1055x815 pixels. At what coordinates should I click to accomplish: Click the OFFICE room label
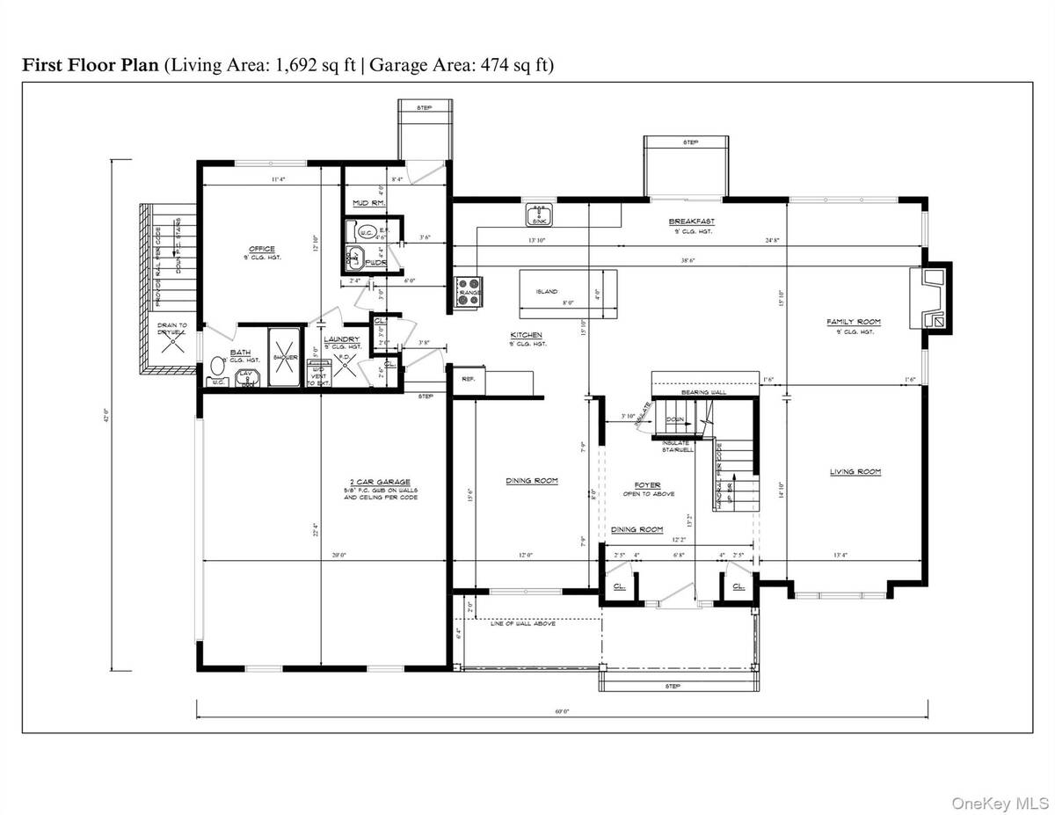click(261, 249)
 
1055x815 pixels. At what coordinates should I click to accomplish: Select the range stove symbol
click(468, 291)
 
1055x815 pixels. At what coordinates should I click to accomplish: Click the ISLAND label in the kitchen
click(547, 292)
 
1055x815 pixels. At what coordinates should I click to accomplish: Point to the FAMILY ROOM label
click(853, 322)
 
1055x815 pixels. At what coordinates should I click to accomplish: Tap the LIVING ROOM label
click(855, 472)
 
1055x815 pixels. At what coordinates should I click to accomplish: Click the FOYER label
click(647, 484)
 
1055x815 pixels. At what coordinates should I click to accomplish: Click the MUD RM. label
click(364, 203)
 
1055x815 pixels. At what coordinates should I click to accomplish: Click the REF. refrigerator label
click(469, 378)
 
